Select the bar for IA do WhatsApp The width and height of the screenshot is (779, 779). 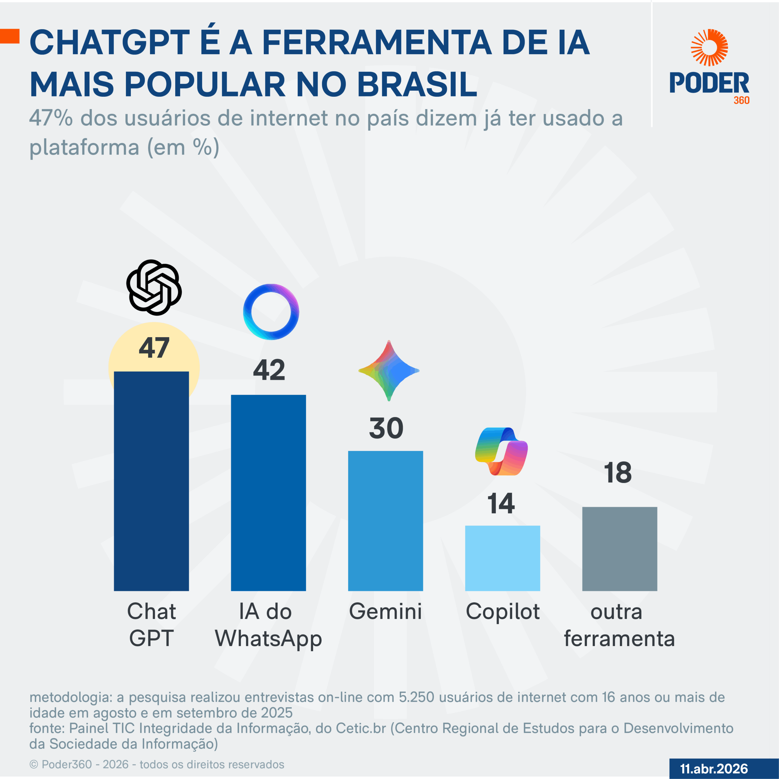tap(268, 492)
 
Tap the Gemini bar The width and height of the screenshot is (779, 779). tap(386, 521)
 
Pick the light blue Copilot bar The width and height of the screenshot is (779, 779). tap(502, 558)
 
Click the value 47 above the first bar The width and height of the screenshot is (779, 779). tap(154, 348)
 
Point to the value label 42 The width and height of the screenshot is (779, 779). tap(269, 370)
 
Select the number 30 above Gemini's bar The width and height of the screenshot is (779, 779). tap(386, 428)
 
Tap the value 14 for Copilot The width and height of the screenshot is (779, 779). tap(501, 503)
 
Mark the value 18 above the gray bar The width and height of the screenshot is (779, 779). tap(618, 473)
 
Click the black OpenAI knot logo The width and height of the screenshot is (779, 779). tap(154, 288)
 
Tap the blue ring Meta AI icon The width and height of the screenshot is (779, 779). tap(271, 312)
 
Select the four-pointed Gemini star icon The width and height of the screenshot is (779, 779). tap(389, 371)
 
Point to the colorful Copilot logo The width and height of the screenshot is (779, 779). tap(501, 451)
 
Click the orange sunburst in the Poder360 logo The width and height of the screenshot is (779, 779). tap(709, 47)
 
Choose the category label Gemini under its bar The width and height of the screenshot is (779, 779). tap(386, 611)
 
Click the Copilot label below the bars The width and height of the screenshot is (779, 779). tap(502, 611)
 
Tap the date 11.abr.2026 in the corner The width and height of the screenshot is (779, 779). tap(714, 769)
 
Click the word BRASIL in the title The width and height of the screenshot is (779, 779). tap(417, 84)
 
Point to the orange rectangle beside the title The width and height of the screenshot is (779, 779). tap(10, 36)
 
